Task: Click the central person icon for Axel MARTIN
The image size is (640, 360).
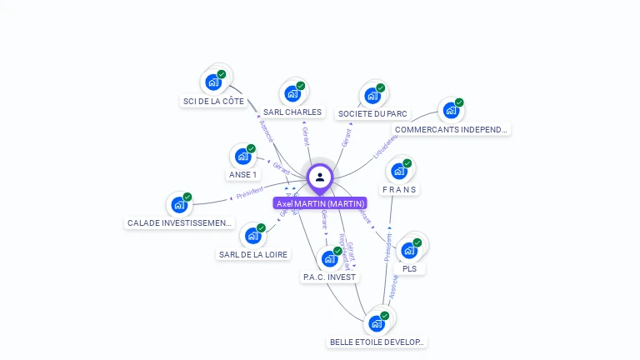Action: [x=320, y=177]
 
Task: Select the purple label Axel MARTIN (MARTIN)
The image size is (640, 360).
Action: [x=320, y=203]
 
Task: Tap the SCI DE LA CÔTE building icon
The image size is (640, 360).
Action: [x=213, y=82]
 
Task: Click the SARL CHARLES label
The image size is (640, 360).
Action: [x=292, y=112]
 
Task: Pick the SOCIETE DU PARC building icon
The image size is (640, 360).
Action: [x=372, y=95]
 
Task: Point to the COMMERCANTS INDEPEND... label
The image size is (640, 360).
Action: [x=450, y=130]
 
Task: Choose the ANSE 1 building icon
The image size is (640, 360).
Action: [x=242, y=156]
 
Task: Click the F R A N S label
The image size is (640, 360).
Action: [x=399, y=189]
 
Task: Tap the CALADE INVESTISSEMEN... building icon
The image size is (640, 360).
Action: [x=178, y=204]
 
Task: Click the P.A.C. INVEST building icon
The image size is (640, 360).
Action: [x=329, y=257]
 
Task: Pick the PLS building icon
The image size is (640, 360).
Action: [x=408, y=250]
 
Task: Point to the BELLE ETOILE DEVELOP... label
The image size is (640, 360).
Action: [x=377, y=342]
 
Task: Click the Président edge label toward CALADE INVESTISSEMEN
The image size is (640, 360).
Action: [x=249, y=193]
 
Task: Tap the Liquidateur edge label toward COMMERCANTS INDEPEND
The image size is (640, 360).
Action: [x=385, y=146]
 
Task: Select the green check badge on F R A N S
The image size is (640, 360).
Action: [x=407, y=163]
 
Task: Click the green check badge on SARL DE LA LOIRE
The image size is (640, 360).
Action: [x=261, y=228]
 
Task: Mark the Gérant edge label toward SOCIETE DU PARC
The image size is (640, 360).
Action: [x=347, y=137]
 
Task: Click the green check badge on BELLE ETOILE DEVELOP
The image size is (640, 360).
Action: [x=385, y=316]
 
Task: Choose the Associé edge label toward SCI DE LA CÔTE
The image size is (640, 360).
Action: [x=266, y=131]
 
